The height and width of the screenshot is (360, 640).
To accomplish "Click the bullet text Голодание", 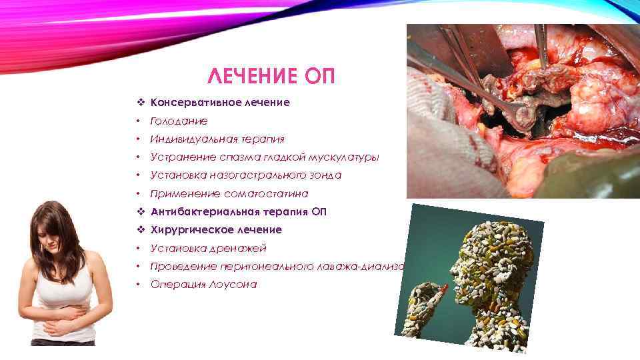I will coord(179,121).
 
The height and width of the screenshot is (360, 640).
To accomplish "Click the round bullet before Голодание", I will coord(137,121).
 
